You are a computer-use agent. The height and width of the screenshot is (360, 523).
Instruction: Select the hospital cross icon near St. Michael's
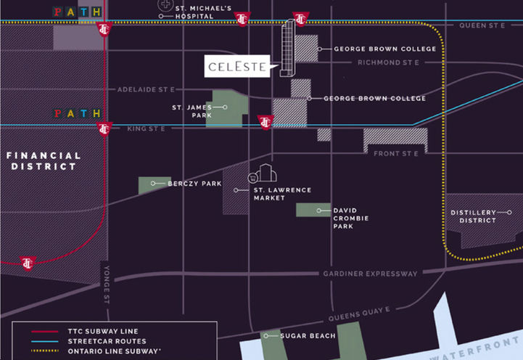[166, 5]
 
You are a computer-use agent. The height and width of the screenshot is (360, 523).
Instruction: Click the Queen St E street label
[482, 25]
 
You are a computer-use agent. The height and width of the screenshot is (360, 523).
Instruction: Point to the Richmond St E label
[388, 63]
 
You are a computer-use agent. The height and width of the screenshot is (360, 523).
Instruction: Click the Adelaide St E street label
[147, 89]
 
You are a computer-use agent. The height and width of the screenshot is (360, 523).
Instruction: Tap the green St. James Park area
[226, 110]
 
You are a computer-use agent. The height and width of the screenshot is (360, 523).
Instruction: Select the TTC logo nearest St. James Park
[265, 122]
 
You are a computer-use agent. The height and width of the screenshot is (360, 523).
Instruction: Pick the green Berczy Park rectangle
[155, 184]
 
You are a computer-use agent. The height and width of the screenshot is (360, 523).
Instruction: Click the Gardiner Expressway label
[371, 274]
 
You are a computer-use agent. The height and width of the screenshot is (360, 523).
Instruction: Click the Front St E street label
[396, 154]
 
